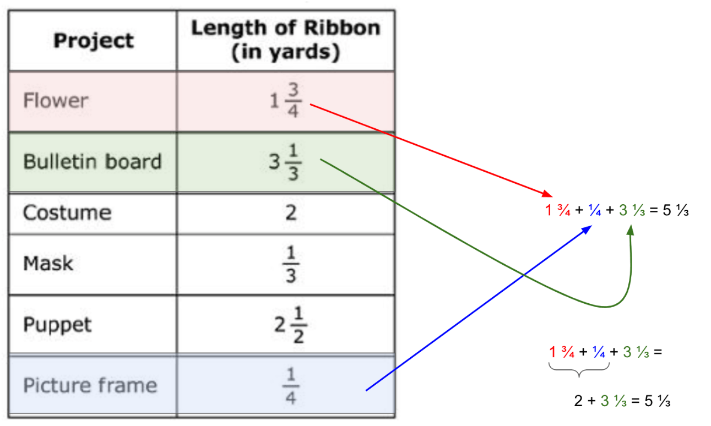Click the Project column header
pyautogui.click(x=94, y=41)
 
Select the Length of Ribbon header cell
pyautogui.click(x=286, y=40)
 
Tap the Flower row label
pyautogui.click(x=56, y=101)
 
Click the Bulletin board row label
pyautogui.click(x=93, y=161)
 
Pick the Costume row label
pyautogui.click(x=67, y=212)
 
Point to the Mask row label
pyautogui.click(x=48, y=263)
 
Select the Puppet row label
pyautogui.click(x=57, y=325)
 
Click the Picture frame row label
pyautogui.click(x=90, y=385)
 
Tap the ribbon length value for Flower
pyautogui.click(x=286, y=100)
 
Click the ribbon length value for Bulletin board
pyautogui.click(x=285, y=162)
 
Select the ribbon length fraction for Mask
pyautogui.click(x=291, y=264)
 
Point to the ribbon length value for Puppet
pyautogui.click(x=290, y=325)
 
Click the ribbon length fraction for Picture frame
pyautogui.click(x=291, y=386)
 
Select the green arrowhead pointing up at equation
pyautogui.click(x=631, y=230)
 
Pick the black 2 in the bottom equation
pyautogui.click(x=578, y=401)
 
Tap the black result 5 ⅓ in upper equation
pyautogui.click(x=676, y=210)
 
